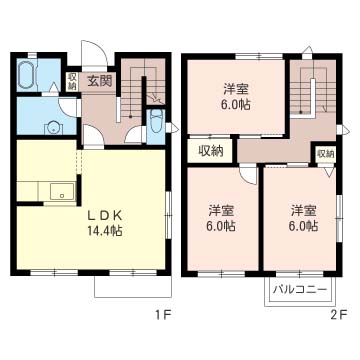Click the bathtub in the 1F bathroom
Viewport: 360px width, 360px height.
pos(27,75)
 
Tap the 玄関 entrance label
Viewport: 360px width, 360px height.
pos(98,81)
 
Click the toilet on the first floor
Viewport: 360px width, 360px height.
pos(155,126)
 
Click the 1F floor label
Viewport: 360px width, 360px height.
pos(160,317)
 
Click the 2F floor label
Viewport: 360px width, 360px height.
pos(338,317)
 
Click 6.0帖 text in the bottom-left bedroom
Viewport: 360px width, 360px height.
pos(221,227)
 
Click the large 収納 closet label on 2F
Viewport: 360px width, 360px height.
pos(210,151)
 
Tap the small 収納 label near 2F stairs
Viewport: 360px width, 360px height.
pos(325,154)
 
